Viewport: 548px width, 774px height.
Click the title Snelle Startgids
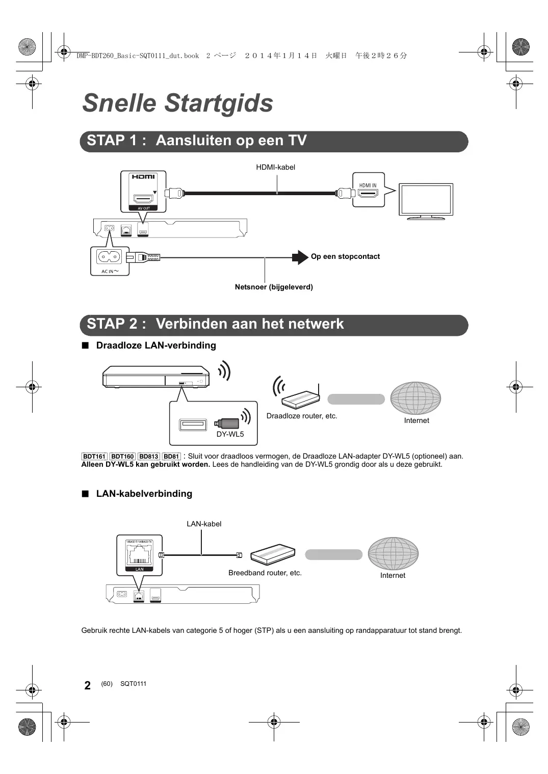click(177, 103)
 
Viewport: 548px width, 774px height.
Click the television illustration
click(426, 201)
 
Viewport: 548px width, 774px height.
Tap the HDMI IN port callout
click(368, 190)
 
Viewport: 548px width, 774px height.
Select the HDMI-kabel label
click(275, 167)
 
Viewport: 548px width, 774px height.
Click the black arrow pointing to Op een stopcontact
click(300, 257)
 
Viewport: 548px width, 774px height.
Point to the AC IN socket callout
click(110, 260)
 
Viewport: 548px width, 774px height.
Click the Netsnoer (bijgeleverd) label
click(274, 287)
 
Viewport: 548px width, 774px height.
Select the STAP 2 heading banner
click(274, 325)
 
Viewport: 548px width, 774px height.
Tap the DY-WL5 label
click(230, 434)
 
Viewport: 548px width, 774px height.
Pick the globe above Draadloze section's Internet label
click(415, 398)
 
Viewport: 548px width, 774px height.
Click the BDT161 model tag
click(94, 457)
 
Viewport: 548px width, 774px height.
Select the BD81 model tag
click(171, 457)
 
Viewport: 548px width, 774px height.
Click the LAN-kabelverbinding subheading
click(144, 494)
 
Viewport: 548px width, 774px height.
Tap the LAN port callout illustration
click(139, 555)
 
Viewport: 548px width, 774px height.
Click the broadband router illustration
click(273, 554)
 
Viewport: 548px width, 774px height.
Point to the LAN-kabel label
click(204, 524)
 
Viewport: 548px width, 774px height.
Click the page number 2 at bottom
click(88, 685)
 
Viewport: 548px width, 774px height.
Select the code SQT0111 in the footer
click(133, 684)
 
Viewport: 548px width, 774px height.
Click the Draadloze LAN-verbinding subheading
click(156, 345)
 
